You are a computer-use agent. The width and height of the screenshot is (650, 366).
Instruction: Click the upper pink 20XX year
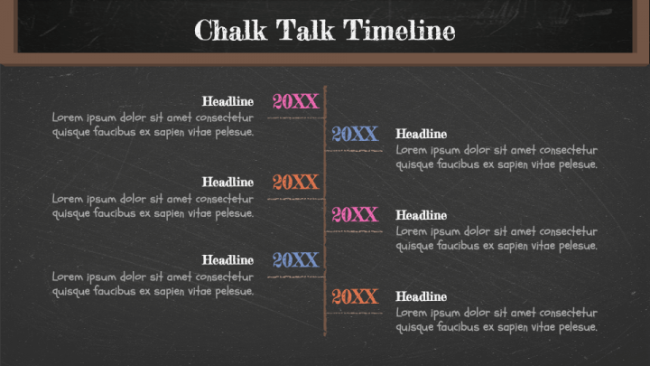296,101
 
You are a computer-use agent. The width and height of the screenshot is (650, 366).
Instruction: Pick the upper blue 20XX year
354,134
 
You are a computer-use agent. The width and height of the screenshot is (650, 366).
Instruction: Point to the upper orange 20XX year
296,183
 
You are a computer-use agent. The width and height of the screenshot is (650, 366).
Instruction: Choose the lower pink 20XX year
354,214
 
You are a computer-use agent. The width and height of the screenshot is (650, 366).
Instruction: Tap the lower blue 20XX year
296,260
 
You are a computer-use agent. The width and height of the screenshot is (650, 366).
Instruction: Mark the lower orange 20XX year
354,296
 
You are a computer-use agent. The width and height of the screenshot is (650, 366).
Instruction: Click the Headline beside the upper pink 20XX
227,102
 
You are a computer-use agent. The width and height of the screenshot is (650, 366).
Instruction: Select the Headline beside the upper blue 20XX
422,135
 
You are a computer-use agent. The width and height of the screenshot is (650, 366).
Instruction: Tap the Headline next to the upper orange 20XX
227,183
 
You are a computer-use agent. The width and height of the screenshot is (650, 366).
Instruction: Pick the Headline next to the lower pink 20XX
422,215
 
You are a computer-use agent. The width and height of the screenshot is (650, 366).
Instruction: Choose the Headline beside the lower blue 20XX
227,261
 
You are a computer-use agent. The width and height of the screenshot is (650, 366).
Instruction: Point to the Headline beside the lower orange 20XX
422,296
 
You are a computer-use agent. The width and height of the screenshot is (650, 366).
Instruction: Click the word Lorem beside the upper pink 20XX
67,117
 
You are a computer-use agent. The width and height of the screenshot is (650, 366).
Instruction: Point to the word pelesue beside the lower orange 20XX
577,327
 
